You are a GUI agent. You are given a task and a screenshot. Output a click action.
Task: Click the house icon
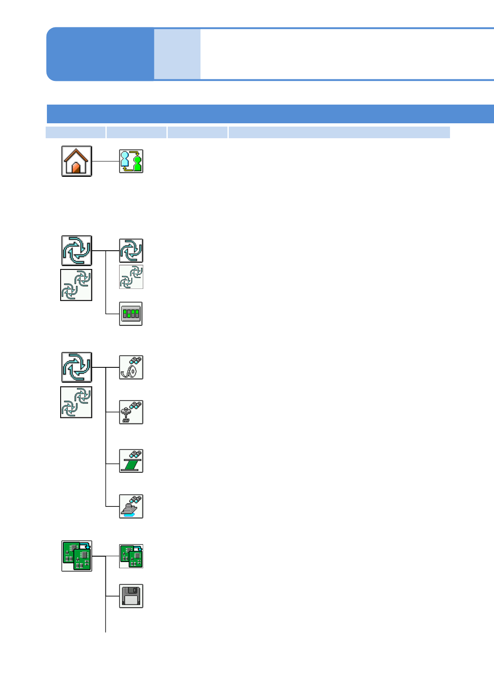[77, 161]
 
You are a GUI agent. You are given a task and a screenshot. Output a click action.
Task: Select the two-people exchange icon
[131, 161]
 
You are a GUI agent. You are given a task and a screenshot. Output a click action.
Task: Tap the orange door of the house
[76, 168]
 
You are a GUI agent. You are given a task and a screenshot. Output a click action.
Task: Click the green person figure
[137, 162]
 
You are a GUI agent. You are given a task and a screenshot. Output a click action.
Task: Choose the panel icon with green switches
[131, 314]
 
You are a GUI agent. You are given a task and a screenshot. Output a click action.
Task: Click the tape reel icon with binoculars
[131, 367]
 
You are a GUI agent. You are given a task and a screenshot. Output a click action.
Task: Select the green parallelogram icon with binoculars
[131, 461]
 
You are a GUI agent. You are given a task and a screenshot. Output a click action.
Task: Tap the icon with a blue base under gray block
[131, 506]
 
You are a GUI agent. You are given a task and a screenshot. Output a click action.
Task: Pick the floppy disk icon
[131, 596]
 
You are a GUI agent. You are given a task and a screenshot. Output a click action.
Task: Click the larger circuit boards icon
[77, 556]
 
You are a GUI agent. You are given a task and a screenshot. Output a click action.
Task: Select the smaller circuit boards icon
[131, 556]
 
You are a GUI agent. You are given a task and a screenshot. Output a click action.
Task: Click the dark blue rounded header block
[100, 54]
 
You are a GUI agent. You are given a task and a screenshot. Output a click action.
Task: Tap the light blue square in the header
[177, 54]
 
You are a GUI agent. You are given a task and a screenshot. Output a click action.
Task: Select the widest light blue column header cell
[339, 132]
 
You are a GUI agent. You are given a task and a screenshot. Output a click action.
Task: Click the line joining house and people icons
[105, 161]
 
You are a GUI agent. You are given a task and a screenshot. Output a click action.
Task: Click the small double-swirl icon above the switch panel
[131, 277]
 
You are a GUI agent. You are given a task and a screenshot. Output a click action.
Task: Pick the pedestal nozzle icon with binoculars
[131, 412]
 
